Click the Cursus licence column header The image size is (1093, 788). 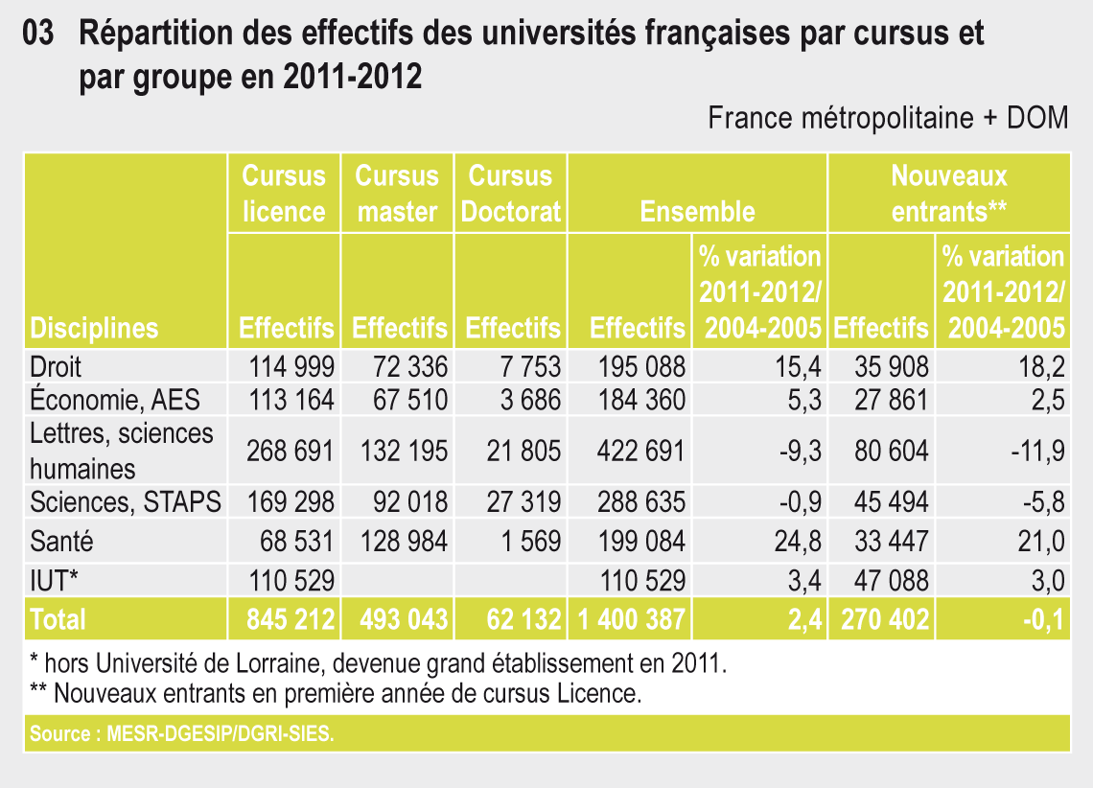(284, 193)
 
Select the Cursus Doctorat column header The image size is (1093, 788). (511, 193)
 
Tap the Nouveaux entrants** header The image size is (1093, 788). (948, 193)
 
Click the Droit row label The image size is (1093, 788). (57, 366)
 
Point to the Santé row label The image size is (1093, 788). (62, 542)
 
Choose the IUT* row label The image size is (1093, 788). (56, 580)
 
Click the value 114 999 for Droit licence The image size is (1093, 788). (291, 366)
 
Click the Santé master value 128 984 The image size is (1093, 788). (405, 542)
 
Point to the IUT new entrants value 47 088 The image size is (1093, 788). (891, 580)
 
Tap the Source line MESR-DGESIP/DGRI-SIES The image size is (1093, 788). (183, 735)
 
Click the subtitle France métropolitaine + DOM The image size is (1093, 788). (888, 118)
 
